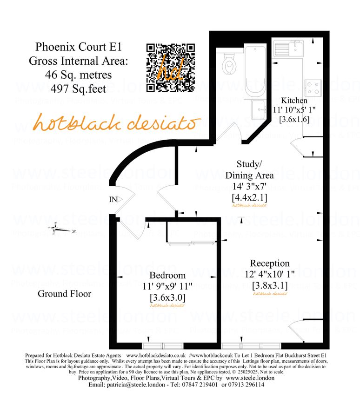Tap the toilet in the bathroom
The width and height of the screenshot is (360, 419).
229,63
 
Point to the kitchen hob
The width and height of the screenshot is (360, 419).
312,87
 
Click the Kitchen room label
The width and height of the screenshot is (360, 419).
294,100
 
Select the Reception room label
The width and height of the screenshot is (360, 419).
270,264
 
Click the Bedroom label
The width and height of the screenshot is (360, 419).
167,275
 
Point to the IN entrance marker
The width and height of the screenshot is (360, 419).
113,199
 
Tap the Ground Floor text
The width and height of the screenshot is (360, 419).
64,294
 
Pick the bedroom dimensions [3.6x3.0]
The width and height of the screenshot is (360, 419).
167,297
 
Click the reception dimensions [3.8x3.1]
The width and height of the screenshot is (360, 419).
270,285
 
